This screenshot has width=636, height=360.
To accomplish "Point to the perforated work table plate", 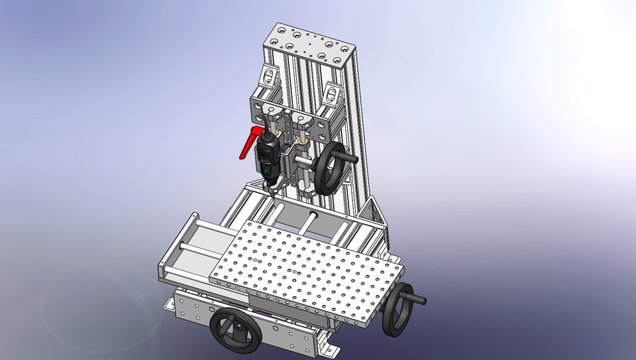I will (305, 272).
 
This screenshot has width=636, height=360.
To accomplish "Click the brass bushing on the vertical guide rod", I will (303, 142).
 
